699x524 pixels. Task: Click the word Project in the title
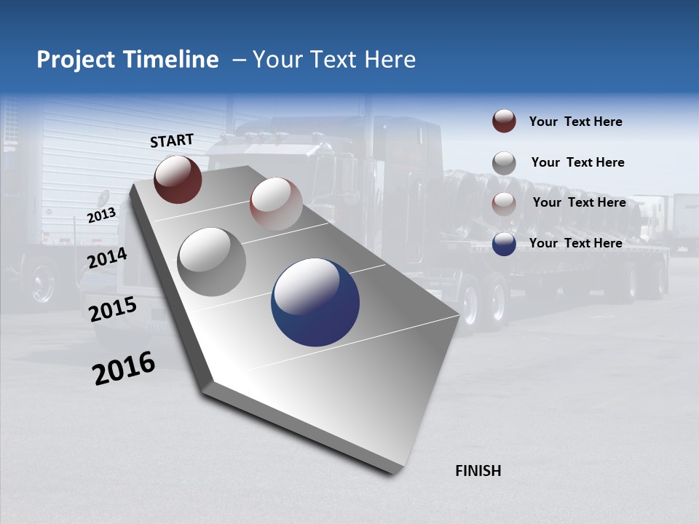76,60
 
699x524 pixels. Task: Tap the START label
172,140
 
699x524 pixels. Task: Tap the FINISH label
478,471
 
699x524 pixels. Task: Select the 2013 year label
101,215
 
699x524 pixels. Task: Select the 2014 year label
107,258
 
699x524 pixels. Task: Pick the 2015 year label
113,309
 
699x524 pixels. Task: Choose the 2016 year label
124,368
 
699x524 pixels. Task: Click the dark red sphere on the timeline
178,180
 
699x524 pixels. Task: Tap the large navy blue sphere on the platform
315,302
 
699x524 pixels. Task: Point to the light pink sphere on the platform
276,204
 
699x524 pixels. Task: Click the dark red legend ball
504,122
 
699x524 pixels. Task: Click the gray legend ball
504,163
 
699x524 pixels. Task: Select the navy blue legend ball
504,244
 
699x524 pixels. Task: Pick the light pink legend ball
504,204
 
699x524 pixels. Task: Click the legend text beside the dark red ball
575,122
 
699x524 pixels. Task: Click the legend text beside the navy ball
575,243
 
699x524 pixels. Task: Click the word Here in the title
390,60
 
